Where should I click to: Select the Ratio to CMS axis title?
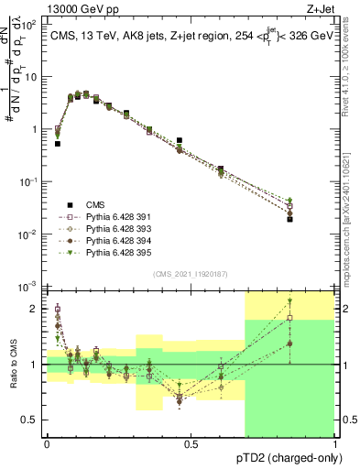(15, 365)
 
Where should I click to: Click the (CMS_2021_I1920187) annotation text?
(190, 274)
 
